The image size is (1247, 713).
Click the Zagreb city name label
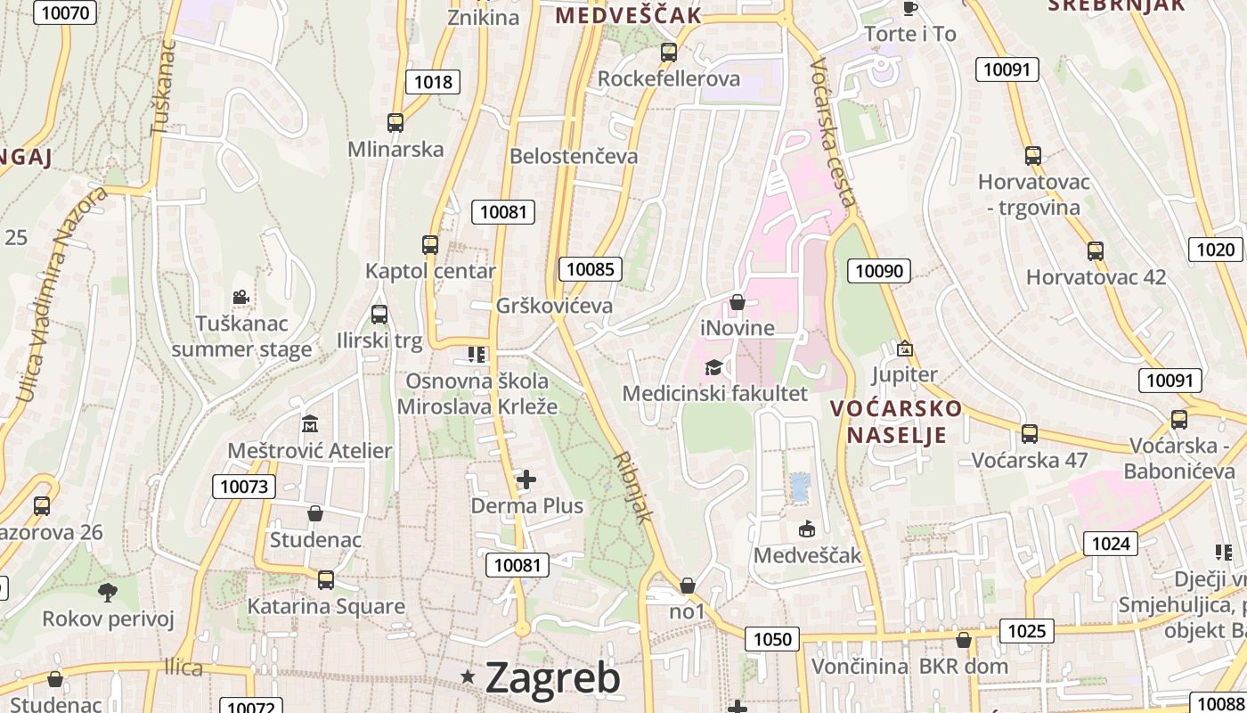point(552,678)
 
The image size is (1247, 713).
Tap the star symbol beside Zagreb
point(469,677)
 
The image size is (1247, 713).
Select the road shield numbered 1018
point(434,82)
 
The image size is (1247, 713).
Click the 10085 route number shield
point(591,268)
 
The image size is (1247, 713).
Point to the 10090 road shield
point(879,271)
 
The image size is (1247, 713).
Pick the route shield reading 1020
point(1215,250)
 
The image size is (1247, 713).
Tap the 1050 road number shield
point(772,638)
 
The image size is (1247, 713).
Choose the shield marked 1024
point(1110,543)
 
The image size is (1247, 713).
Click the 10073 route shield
point(243,487)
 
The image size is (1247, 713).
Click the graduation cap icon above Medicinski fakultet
point(713,367)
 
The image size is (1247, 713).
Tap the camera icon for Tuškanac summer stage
point(240,297)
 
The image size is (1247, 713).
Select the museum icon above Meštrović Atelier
point(310,422)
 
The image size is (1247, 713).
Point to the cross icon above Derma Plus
point(526,479)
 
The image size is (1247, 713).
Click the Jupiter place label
point(904,374)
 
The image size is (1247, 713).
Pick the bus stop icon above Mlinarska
point(395,123)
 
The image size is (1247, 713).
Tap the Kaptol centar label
point(430,271)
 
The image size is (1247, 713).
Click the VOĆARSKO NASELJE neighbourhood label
point(896,422)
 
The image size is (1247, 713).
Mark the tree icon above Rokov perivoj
point(108,591)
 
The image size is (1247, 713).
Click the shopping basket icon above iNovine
point(737,302)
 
